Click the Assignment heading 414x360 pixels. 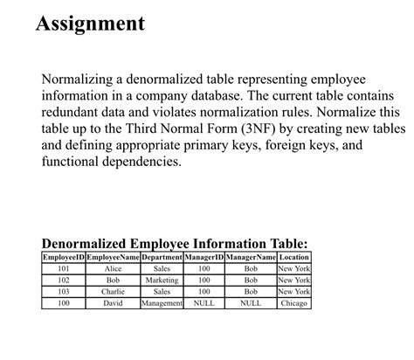tap(90, 24)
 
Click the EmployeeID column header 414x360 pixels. tap(63, 258)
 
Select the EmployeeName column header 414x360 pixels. tap(112, 258)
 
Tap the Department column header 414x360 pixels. tap(161, 258)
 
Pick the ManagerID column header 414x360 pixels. tap(204, 258)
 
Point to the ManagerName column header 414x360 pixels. tap(251, 258)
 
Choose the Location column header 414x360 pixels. tap(293, 258)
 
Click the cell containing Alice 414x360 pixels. tap(112, 269)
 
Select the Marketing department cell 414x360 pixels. tap(161, 280)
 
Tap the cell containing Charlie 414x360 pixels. tap(112, 292)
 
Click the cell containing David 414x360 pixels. tap(112, 303)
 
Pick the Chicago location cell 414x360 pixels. tap(293, 303)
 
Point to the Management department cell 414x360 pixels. tap(161, 303)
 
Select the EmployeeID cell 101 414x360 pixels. tap(63, 269)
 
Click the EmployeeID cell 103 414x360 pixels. tap(63, 292)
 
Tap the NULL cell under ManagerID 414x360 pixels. tap(204, 303)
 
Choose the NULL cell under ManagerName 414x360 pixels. tap(251, 303)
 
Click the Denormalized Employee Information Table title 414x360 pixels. tap(175, 243)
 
